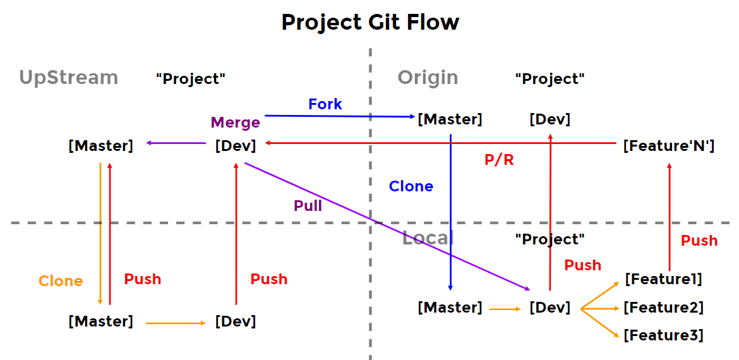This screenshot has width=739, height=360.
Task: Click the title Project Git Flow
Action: tap(369, 22)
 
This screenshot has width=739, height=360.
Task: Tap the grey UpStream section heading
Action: tap(68, 77)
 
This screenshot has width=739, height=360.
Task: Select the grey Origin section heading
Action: tap(428, 77)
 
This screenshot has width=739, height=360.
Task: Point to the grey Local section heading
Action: tap(428, 238)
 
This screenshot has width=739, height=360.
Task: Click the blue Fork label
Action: tap(325, 104)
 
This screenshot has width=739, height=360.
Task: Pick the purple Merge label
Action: tap(235, 123)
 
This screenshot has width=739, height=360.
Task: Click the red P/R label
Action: tap(499, 160)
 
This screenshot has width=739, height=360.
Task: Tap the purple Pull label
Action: tap(308, 205)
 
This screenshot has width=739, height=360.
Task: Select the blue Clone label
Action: tap(411, 186)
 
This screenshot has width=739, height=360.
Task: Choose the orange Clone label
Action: tap(61, 281)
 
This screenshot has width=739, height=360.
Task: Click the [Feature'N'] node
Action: tap(668, 146)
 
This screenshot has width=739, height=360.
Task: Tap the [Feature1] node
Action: tap(663, 279)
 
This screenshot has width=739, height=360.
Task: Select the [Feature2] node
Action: tap(663, 308)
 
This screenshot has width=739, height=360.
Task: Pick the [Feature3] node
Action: tap(663, 335)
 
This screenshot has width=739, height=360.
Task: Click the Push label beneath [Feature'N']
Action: tap(699, 241)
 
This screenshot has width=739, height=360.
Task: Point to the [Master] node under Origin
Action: tap(450, 119)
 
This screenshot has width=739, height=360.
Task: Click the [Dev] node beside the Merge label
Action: tap(235, 146)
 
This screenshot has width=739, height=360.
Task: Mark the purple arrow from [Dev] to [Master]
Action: tap(177, 143)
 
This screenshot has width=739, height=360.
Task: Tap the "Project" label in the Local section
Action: tap(550, 239)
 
